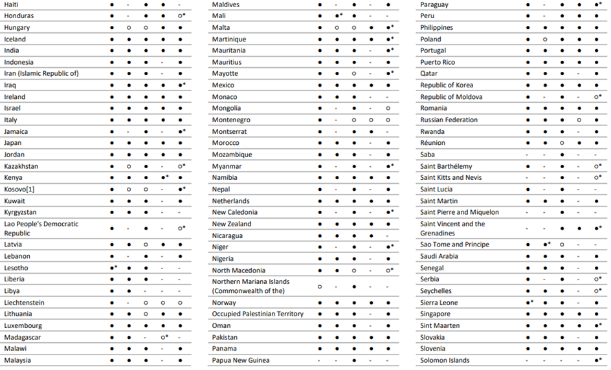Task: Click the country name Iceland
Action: pos(15,39)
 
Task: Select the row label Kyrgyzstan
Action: pos(20,212)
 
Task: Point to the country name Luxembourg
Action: pos(23,325)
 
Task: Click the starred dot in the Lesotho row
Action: pos(112,268)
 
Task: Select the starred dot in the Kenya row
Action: pos(163,177)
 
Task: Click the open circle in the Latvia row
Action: pos(146,245)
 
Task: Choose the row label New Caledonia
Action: pos(235,212)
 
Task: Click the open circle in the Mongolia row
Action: pos(388,108)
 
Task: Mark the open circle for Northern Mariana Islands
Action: pos(320,286)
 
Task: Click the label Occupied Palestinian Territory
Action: pos(258,314)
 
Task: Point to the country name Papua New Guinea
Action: pos(241,360)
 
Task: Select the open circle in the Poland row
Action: pos(545,39)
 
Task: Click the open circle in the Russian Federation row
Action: pos(579,120)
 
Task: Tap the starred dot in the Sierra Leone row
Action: pos(528,302)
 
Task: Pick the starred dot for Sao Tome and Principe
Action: pos(545,245)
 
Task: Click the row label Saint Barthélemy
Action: pos(446,166)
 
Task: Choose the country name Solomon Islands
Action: pos(445,360)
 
